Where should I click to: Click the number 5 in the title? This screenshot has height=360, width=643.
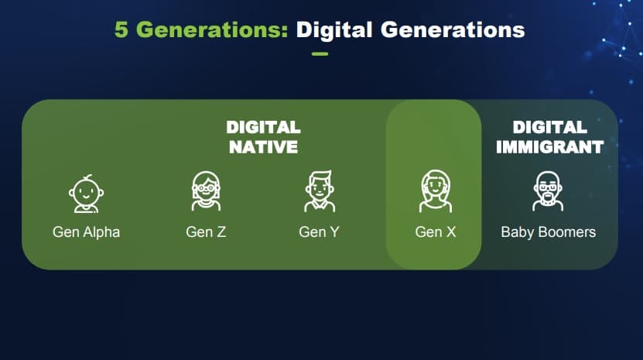121,29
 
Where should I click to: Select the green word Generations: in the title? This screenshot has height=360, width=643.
212,29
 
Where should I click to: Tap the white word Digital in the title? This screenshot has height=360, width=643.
334,30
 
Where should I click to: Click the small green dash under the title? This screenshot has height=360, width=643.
320,53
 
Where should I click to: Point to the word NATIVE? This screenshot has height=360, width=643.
263,147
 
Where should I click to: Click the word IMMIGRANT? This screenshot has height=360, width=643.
549,147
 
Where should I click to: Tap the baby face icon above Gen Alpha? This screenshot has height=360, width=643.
86,194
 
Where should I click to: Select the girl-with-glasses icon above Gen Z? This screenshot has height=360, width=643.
206,191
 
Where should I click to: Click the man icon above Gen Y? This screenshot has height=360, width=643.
320,191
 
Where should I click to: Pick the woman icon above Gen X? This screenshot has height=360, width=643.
436,191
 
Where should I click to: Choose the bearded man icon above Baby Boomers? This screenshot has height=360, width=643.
548,191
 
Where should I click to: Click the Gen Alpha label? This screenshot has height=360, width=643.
86,232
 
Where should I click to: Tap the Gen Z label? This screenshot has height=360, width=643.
206,232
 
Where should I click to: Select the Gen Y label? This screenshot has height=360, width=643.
319,232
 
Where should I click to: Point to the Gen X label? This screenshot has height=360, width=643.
436,232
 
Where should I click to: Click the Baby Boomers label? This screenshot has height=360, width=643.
549,232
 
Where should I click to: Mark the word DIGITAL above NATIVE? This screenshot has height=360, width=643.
263,127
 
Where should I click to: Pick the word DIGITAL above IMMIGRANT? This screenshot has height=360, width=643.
549,127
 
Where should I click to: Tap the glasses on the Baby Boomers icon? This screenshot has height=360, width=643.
548,187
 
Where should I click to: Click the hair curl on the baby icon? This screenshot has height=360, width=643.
88,177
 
